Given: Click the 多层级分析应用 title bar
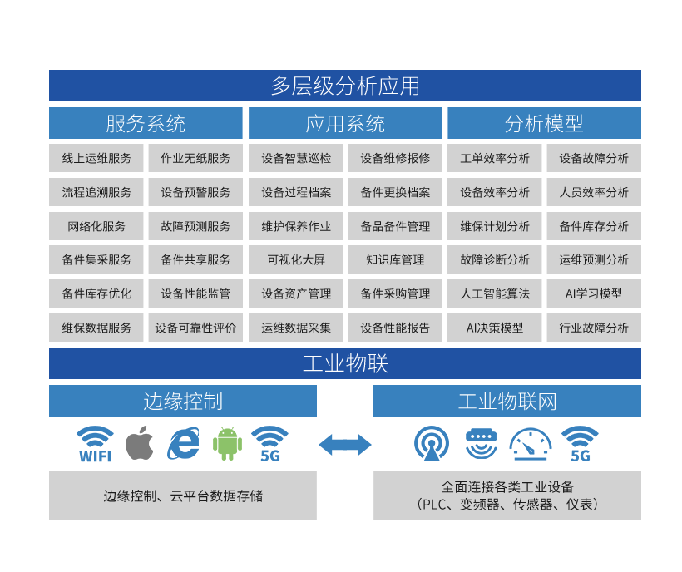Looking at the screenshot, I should click(x=344, y=86).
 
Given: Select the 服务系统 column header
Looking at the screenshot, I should click(x=146, y=124).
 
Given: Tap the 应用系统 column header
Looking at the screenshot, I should click(x=345, y=124).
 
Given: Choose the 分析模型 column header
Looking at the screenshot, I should click(x=544, y=124).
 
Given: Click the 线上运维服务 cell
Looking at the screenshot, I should click(x=96, y=158).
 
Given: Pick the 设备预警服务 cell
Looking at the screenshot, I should click(x=195, y=192).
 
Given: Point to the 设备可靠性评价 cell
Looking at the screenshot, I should click(x=195, y=328).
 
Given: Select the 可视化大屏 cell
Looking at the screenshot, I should click(x=296, y=259).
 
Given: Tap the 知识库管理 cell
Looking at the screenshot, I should click(x=395, y=259).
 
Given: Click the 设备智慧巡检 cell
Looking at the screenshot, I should click(x=296, y=158).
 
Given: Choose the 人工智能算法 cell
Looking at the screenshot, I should click(x=495, y=293).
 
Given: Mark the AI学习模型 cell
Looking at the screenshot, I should click(x=594, y=293).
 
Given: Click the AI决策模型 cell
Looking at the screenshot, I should click(x=495, y=328).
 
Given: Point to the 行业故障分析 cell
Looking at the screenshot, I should click(x=594, y=328).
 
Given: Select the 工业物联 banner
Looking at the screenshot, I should click(x=344, y=363).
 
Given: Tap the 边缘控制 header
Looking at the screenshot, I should click(x=183, y=401).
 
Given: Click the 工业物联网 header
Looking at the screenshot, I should click(x=507, y=401).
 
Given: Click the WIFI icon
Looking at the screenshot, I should click(x=95, y=444).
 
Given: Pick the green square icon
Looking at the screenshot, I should click(x=227, y=443).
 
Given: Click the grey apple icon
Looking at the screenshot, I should click(x=140, y=443).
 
